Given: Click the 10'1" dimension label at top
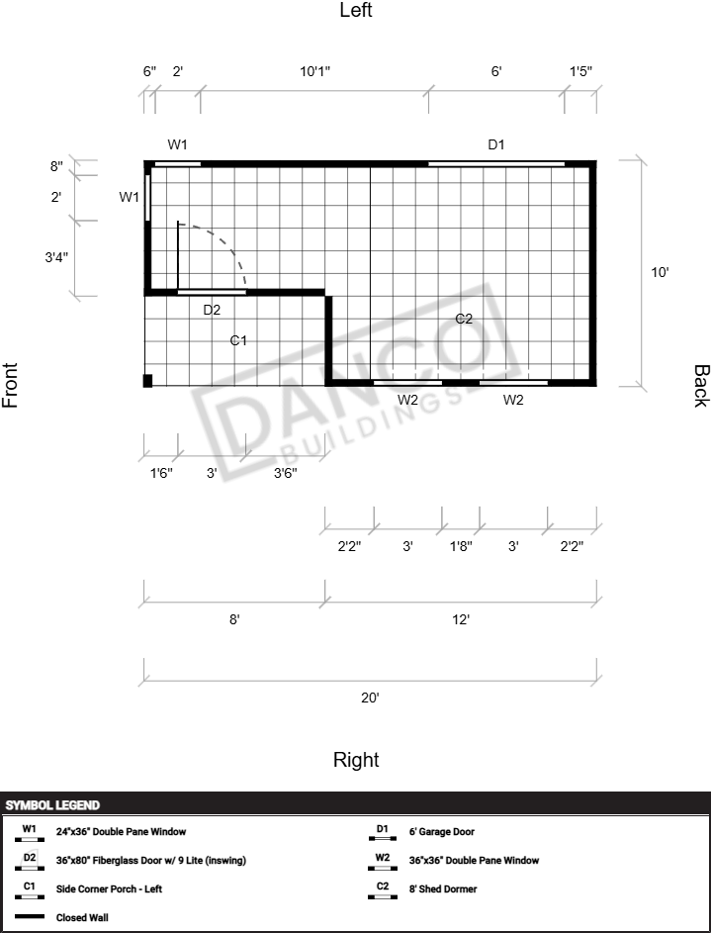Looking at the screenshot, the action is pos(314,71).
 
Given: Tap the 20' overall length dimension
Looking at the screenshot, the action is pos(370,698).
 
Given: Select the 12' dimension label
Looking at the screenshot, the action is pos(461,619).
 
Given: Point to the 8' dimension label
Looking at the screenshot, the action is pos(234,619).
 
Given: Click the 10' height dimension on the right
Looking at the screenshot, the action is pos(660,272).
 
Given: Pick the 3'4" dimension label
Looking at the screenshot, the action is pos(56,257).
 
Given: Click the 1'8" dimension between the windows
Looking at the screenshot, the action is pos(461,546).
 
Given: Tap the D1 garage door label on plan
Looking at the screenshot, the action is pos(496,144).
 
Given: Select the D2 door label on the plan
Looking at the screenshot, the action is pos(212,310).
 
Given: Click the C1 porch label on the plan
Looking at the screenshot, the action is pos(238,340).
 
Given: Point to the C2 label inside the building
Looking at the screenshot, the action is pos(464,319).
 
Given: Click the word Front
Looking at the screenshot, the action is pos(10,385).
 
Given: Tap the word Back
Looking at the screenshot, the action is pos(701,386).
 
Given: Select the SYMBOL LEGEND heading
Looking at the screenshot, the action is pos(52,805).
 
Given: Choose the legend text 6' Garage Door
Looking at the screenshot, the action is pos(442,832).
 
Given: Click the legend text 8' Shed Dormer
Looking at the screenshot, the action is pos(443,888).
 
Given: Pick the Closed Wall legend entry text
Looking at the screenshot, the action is pos(82,917).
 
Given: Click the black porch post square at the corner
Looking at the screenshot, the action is pos(148,381).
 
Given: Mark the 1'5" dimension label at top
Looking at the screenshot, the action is pos(580,71).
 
